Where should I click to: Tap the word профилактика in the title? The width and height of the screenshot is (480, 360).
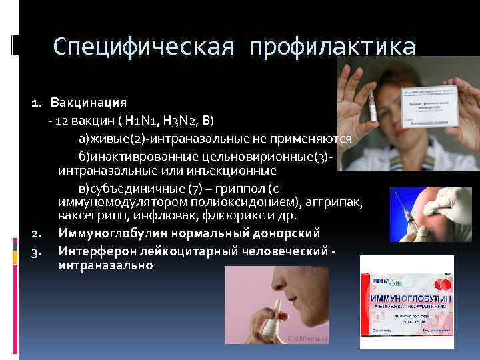332,47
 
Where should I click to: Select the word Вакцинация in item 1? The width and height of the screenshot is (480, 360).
89,103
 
